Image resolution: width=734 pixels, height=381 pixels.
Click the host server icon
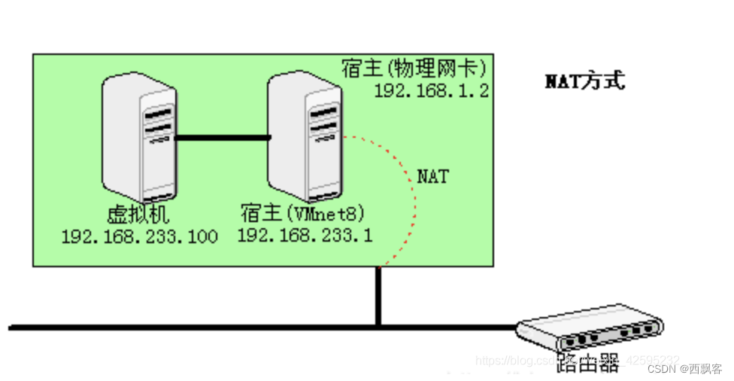(x=305, y=136)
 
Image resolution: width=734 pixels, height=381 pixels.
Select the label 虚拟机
(x=139, y=215)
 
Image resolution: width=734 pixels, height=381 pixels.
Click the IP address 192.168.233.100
(x=140, y=237)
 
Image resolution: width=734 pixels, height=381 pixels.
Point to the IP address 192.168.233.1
(x=305, y=236)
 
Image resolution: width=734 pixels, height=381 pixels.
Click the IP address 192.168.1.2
(x=432, y=91)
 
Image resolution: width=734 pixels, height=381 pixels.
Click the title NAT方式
(x=585, y=81)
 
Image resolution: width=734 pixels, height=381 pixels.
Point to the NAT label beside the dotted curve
(x=433, y=177)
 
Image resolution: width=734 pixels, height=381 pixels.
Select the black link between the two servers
(x=222, y=138)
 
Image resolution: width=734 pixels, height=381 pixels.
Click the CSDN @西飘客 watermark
(x=685, y=368)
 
